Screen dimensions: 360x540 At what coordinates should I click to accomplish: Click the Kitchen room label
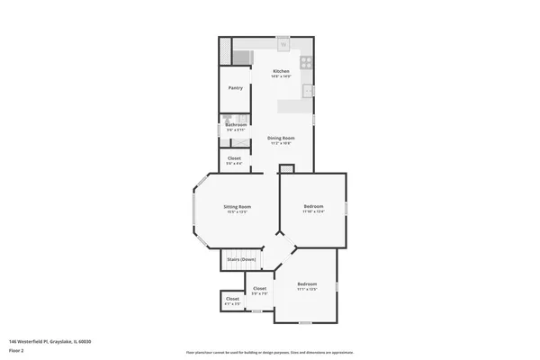[x=281, y=70]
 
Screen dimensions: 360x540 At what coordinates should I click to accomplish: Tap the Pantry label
[x=235, y=88]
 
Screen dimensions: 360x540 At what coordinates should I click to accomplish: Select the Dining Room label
[x=281, y=138]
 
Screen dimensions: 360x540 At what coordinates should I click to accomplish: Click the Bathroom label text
[x=236, y=124]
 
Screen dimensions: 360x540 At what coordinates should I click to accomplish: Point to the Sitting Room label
[x=238, y=207]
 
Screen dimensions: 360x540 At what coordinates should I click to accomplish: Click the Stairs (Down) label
[x=242, y=259]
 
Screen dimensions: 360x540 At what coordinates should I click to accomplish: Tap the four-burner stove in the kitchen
[x=306, y=63]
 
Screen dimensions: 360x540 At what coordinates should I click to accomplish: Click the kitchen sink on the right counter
[x=308, y=90]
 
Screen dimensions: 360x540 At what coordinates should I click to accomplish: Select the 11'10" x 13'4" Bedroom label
[x=312, y=207]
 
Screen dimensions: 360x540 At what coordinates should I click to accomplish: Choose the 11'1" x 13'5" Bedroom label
[x=307, y=284]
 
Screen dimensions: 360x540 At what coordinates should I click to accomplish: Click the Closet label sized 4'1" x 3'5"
[x=232, y=300]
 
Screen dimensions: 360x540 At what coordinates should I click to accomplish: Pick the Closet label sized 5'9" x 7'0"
[x=259, y=289]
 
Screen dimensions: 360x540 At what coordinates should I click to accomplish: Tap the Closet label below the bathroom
[x=234, y=158]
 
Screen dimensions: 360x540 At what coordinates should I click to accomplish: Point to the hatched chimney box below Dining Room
[x=287, y=168]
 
